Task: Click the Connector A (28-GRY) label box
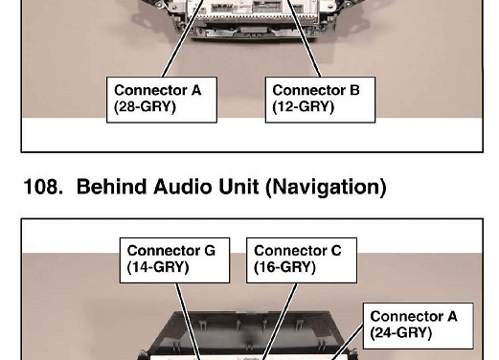(x=162, y=100)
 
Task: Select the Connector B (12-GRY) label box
(x=320, y=100)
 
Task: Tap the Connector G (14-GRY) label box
(x=174, y=260)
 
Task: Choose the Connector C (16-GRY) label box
(x=302, y=260)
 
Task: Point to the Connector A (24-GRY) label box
(x=419, y=326)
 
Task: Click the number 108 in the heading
(x=43, y=187)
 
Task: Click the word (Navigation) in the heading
(x=326, y=188)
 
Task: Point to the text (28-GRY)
(x=145, y=106)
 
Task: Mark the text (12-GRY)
(x=304, y=106)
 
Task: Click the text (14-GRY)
(x=158, y=267)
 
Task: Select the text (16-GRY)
(x=284, y=267)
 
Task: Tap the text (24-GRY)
(x=401, y=333)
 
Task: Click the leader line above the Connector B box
(x=304, y=38)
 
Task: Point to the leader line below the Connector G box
(x=189, y=322)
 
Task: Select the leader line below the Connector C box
(x=280, y=322)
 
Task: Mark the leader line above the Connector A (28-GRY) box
(x=183, y=38)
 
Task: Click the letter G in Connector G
(x=210, y=251)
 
